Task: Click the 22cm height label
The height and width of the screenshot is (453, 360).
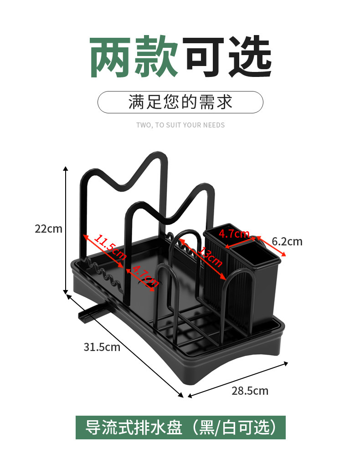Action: pyautogui.click(x=48, y=229)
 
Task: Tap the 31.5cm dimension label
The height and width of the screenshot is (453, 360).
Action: pyautogui.click(x=102, y=347)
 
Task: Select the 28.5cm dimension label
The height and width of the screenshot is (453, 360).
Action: pyautogui.click(x=250, y=391)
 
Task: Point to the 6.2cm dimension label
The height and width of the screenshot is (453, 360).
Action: pyautogui.click(x=287, y=241)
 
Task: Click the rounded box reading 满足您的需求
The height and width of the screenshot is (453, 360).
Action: pyautogui.click(x=180, y=102)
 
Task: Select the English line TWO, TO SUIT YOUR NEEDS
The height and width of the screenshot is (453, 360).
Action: pyautogui.click(x=180, y=125)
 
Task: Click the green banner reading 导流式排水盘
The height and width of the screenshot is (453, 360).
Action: pyautogui.click(x=180, y=428)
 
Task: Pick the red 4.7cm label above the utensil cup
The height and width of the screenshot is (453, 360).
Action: pyautogui.click(x=233, y=234)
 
